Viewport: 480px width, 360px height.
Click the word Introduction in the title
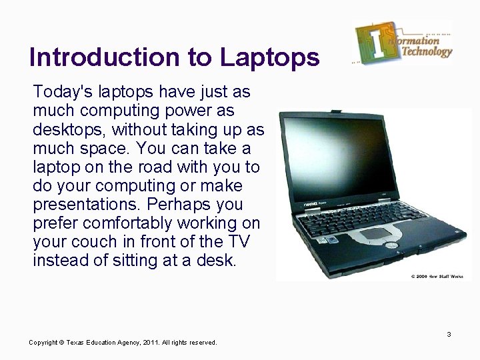coord(105,57)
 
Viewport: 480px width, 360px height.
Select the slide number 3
coord(449,334)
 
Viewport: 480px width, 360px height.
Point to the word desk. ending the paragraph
coord(217,261)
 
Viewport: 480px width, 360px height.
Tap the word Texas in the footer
coord(77,343)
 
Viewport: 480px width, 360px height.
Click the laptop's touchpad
coord(376,233)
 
